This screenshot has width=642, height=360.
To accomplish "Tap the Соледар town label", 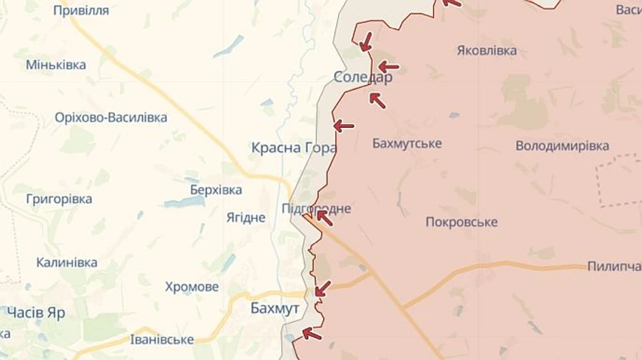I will tap(362, 78).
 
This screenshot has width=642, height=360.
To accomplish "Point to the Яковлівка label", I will tap(486, 51).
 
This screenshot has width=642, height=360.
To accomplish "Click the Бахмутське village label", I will tap(407, 143).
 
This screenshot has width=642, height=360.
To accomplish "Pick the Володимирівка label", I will tap(562, 146).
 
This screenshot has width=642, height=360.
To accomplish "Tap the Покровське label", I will tap(461, 222).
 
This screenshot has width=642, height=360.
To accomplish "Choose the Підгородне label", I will tap(316, 208).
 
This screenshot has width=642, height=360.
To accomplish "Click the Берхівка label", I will tap(215, 190).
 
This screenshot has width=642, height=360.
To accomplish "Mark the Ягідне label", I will tap(245, 217).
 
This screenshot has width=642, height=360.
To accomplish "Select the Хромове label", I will tap(192, 287).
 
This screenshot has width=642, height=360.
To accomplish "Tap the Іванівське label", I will tap(162, 339).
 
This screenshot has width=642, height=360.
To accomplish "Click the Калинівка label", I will tap(67, 262).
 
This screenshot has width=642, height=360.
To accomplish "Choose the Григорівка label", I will tap(59, 199).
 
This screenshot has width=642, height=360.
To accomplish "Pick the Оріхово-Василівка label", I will tap(111, 118).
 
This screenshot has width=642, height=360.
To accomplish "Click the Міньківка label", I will tap(56, 65).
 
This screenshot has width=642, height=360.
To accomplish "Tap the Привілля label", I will tap(81, 10).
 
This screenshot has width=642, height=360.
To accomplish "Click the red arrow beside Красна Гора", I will tap(344, 126).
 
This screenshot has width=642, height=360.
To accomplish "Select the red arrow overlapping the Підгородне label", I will tap(324, 217).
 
